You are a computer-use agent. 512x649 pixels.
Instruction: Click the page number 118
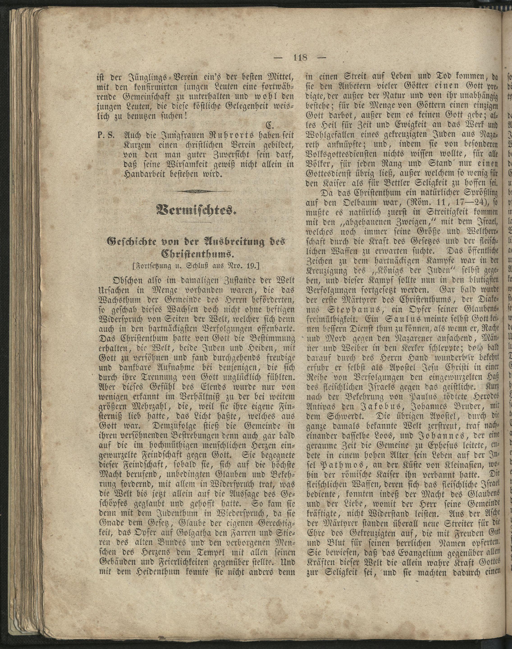coord(300,57)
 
